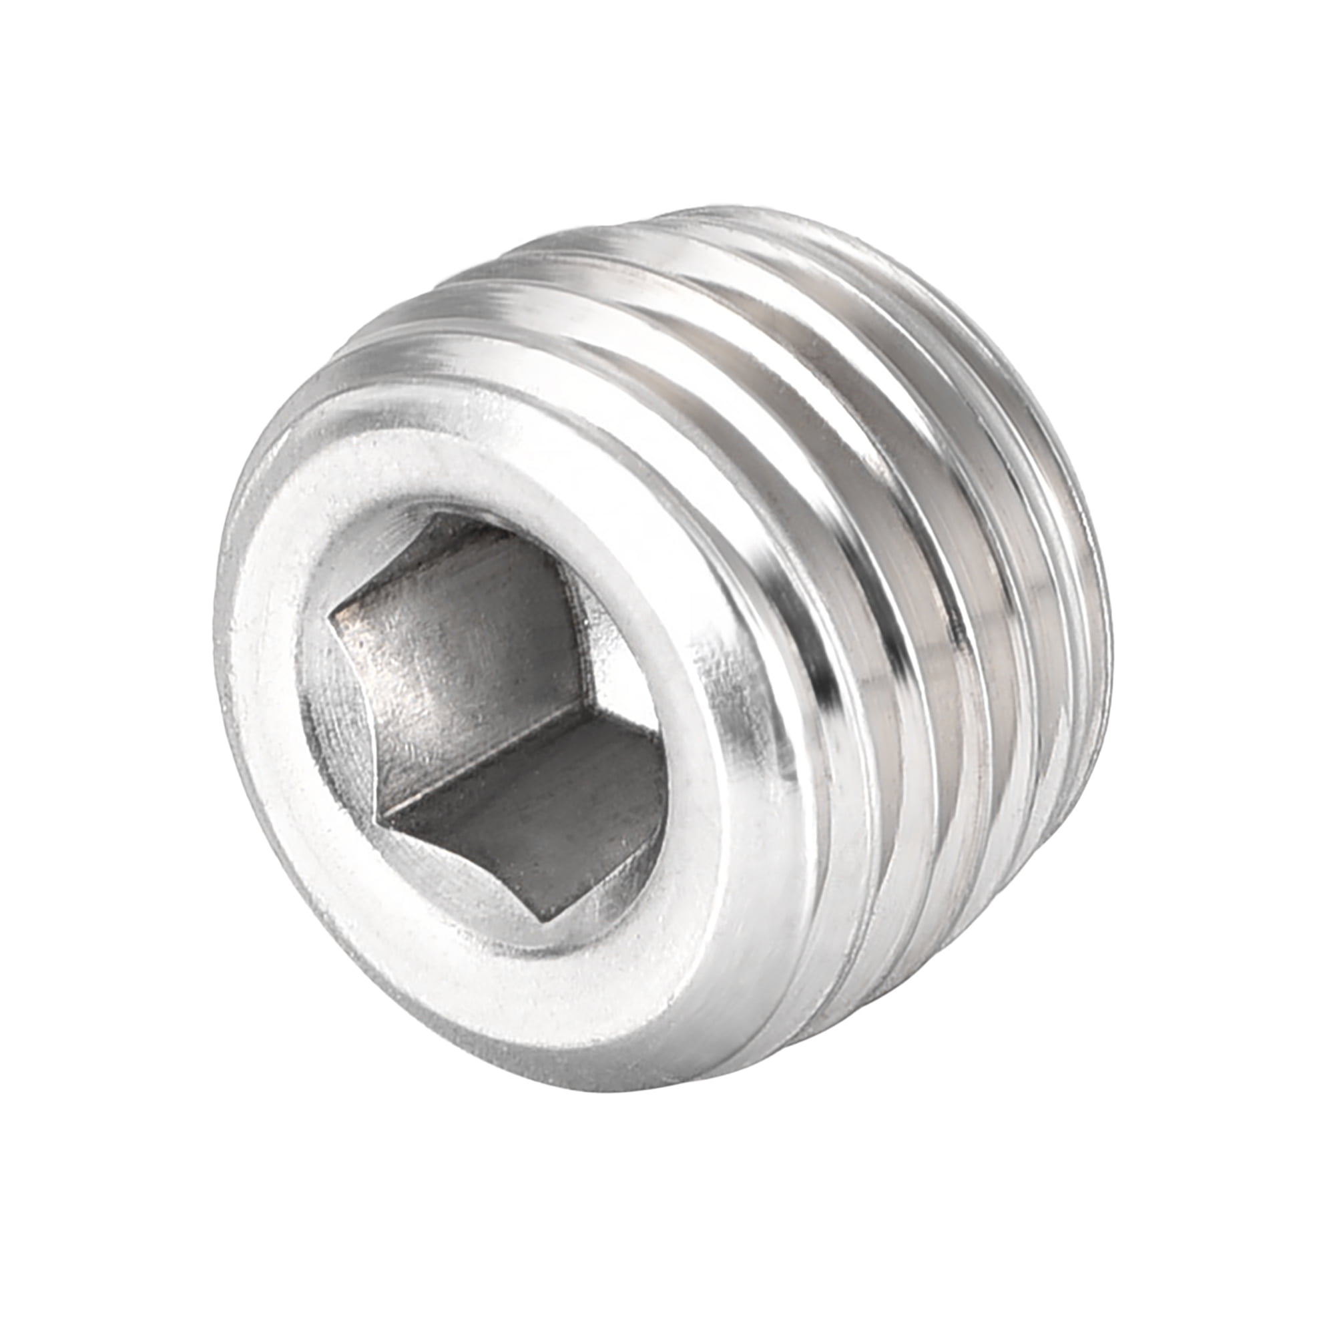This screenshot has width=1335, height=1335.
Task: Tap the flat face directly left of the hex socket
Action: pyautogui.click(x=266, y=691)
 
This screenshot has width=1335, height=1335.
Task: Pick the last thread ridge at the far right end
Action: pyautogui.click(x=1099, y=622)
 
